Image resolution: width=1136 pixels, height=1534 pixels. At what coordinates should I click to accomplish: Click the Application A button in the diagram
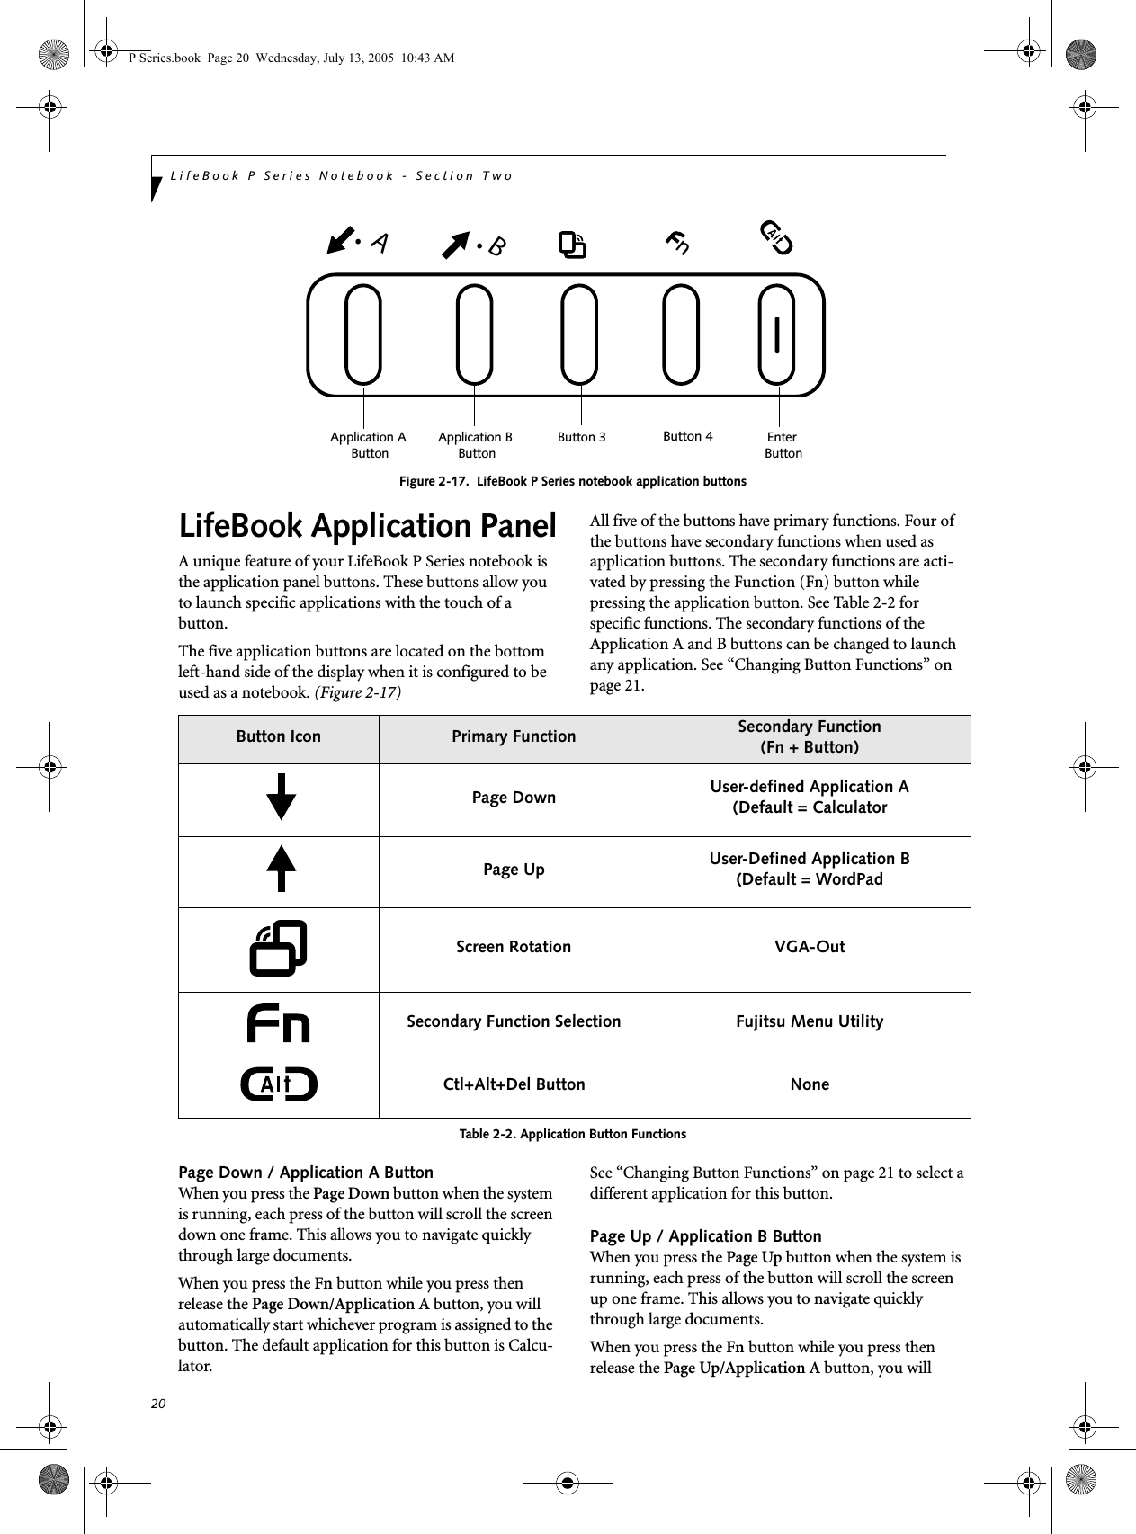pos(363,334)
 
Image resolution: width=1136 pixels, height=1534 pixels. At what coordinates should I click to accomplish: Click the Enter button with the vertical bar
pos(776,334)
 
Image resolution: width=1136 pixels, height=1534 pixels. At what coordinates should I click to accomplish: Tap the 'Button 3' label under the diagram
pos(581,438)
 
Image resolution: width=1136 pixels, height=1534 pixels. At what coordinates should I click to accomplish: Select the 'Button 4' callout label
pos(687,436)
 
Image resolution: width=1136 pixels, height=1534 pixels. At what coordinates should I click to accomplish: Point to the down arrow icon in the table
pos(282,797)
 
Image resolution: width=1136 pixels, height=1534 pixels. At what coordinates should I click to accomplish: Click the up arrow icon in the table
pos(282,869)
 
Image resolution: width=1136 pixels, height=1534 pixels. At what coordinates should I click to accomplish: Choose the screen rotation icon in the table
pos(279,948)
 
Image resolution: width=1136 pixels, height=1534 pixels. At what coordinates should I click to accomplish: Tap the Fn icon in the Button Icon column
pos(279,1023)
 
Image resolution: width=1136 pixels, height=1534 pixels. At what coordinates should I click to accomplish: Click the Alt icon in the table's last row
pos(279,1085)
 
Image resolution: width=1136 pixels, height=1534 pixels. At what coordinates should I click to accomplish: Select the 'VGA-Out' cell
pos(810,947)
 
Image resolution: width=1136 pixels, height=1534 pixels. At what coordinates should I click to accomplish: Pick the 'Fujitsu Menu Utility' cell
pos(810,1021)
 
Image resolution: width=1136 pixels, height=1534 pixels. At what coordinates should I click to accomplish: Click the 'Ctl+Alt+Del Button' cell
pos(514,1084)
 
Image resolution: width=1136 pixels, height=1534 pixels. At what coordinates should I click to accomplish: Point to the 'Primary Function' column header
pos(514,736)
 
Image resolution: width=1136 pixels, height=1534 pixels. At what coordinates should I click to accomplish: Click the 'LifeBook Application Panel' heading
pos(368,526)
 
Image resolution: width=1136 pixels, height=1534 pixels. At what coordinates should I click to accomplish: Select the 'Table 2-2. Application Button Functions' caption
pos(573,1134)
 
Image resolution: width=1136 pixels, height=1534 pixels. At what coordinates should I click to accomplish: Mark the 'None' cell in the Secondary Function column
pos(810,1084)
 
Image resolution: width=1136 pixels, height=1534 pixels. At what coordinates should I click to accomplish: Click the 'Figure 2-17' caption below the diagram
pos(573,481)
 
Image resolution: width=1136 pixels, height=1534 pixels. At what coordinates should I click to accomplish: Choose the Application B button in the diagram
pos(474,334)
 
